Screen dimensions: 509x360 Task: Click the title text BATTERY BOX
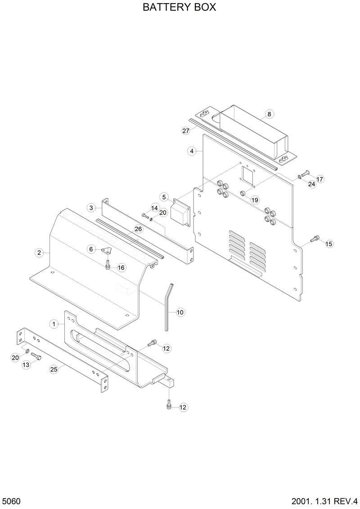pos(179,8)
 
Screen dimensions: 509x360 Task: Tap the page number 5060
pos(11,501)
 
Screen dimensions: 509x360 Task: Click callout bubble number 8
pos(269,114)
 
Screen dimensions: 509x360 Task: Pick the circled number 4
pos(192,151)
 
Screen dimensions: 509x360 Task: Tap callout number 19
pos(255,200)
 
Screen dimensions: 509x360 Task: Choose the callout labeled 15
pos(329,244)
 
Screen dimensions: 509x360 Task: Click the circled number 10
pos(180,312)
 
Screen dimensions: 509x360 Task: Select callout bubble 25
pos(54,369)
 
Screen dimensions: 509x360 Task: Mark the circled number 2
pos(40,253)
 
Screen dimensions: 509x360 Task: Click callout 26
pos(139,229)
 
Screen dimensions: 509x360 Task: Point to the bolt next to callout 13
pos(36,357)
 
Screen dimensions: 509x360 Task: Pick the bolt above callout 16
pos(108,264)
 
